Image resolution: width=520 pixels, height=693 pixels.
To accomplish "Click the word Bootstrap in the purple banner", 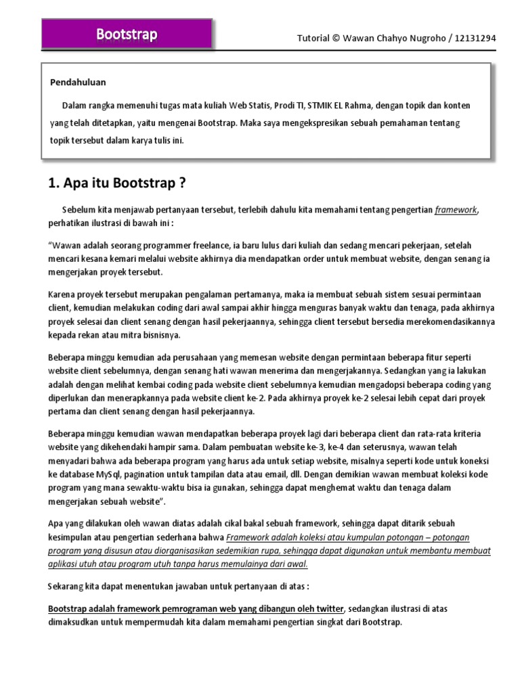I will (127, 34).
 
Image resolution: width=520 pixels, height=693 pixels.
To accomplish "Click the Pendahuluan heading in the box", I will (78, 83).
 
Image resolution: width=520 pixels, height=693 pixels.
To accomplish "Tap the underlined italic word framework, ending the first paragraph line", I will (456, 210).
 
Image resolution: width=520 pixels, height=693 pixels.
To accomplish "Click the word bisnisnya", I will (161, 335).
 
